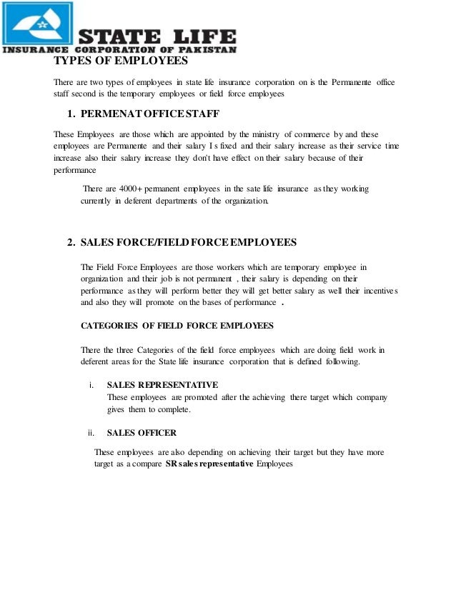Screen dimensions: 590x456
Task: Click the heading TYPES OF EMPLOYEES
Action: (x=111, y=69)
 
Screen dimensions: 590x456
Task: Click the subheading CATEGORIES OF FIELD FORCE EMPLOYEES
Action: (x=177, y=325)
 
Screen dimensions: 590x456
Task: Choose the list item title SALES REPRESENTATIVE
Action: (x=162, y=385)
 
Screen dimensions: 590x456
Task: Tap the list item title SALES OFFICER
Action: (x=142, y=432)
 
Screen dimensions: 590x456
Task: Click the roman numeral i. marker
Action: (x=92, y=385)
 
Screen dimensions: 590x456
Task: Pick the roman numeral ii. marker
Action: (x=91, y=432)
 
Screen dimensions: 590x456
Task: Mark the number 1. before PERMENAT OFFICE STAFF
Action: (x=71, y=114)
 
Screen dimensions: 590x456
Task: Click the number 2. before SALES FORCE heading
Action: (x=71, y=241)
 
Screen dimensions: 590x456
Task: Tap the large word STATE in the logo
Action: (x=118, y=36)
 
